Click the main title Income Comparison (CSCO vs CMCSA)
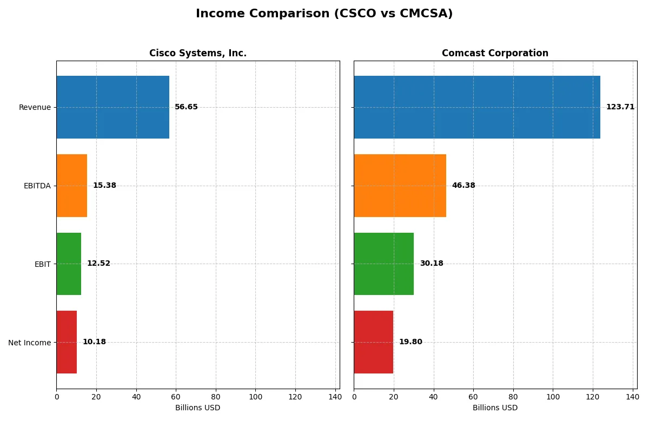pos(324,14)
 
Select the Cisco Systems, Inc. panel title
pos(198,53)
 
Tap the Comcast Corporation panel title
pos(495,53)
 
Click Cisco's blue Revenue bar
pos(112,107)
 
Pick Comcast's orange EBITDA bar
pos(400,186)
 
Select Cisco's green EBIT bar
pos(69,264)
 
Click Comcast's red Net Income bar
pos(374,342)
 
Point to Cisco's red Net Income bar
pos(67,342)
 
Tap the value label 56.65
pos(186,107)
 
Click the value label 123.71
pos(620,107)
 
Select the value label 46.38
pos(463,186)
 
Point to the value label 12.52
pos(98,264)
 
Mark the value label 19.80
pos(410,342)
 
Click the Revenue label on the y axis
pos(35,107)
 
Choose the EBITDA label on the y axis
pos(37,186)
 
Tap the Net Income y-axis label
pos(29,343)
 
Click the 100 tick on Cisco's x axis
pos(256,397)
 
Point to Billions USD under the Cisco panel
pos(198,408)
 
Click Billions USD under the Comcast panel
pos(495,408)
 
